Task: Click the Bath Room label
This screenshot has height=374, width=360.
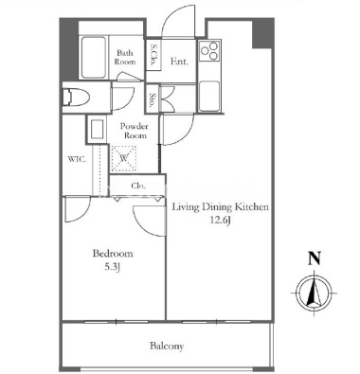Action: [125, 57]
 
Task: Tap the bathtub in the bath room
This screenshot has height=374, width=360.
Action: [93, 58]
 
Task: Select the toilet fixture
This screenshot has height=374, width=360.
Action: [76, 98]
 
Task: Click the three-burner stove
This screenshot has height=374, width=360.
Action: [209, 50]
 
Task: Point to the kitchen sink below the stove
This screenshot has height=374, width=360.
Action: [209, 96]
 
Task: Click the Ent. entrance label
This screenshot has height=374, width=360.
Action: [179, 61]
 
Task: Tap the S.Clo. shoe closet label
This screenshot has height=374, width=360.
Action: [154, 55]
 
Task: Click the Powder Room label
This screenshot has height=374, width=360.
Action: [134, 131]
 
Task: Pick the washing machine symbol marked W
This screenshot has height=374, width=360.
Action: [124, 158]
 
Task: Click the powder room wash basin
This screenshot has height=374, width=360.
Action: [97, 129]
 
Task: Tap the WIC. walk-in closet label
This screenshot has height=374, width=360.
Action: [77, 159]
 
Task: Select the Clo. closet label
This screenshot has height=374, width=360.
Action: [138, 186]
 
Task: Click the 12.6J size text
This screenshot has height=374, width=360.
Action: [221, 221]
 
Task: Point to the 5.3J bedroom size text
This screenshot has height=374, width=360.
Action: [113, 267]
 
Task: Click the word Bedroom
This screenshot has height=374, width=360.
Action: [113, 254]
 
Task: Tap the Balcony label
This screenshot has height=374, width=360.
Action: [167, 346]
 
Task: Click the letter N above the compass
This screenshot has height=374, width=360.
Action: [315, 258]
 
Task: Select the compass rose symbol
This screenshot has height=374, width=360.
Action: [315, 293]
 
